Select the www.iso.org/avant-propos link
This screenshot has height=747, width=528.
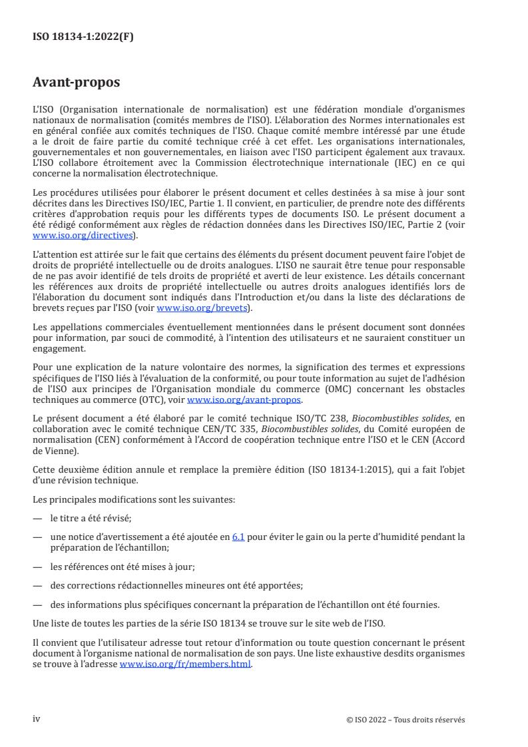click(x=244, y=401)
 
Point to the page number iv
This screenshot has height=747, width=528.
click(x=37, y=718)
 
